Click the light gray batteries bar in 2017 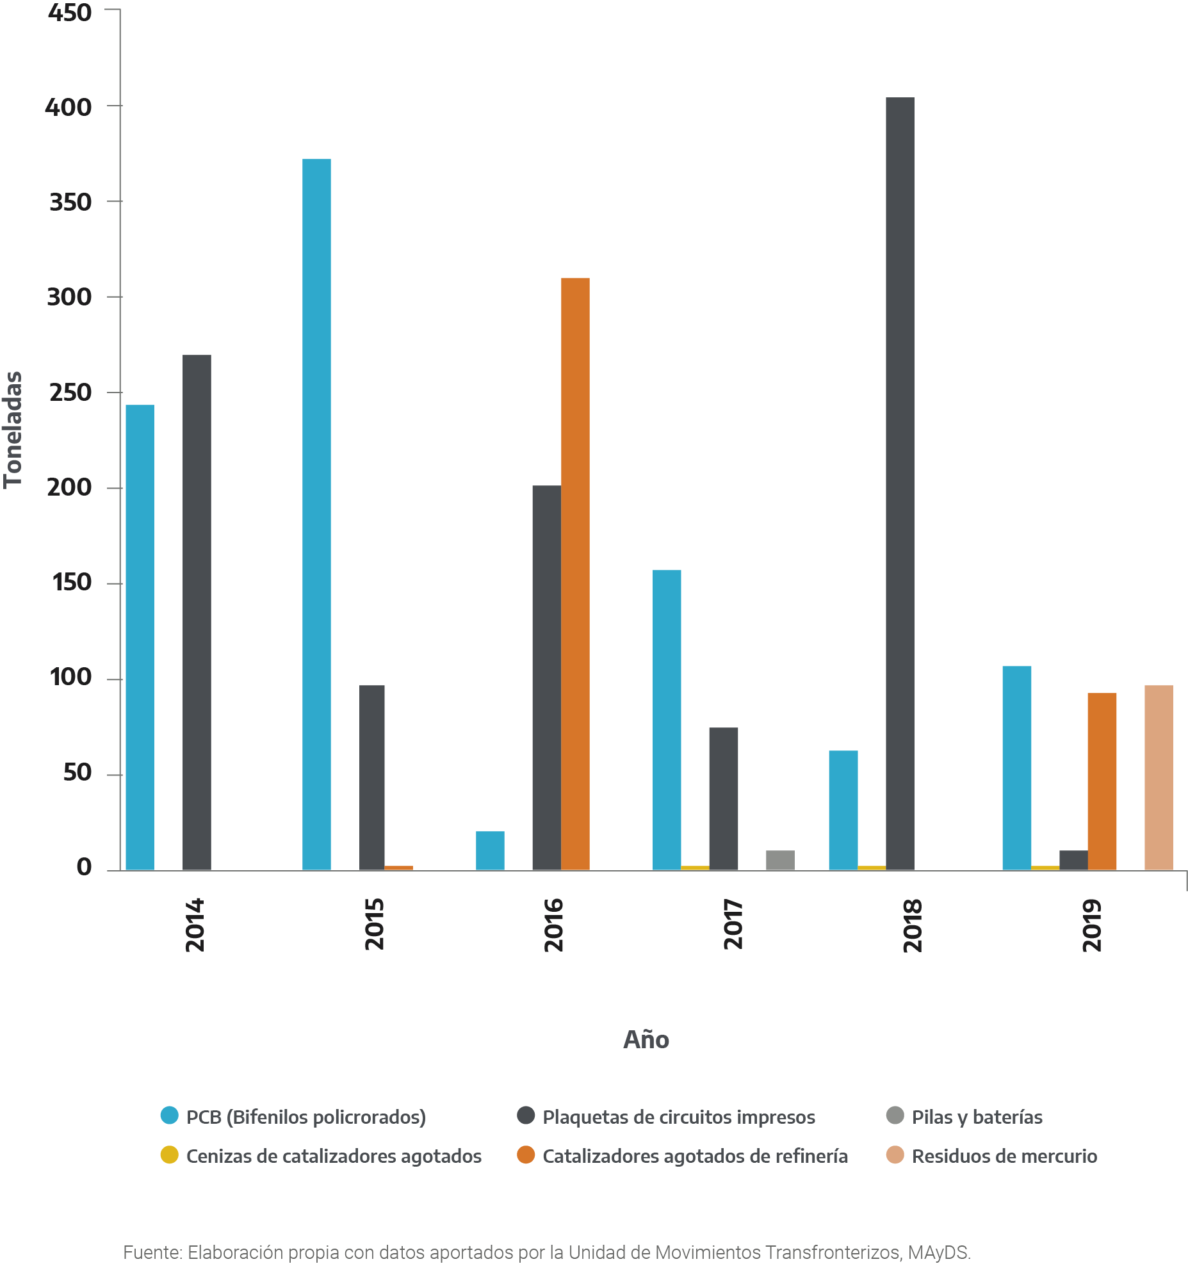tap(780, 860)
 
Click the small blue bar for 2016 tap(490, 850)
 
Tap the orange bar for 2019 tap(1102, 781)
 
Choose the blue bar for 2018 tap(843, 810)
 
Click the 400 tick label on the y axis tap(69, 107)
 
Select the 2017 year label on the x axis tap(733, 924)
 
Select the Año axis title tap(646, 1039)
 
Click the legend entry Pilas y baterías tap(977, 1117)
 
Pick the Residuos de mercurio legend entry tap(1004, 1156)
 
